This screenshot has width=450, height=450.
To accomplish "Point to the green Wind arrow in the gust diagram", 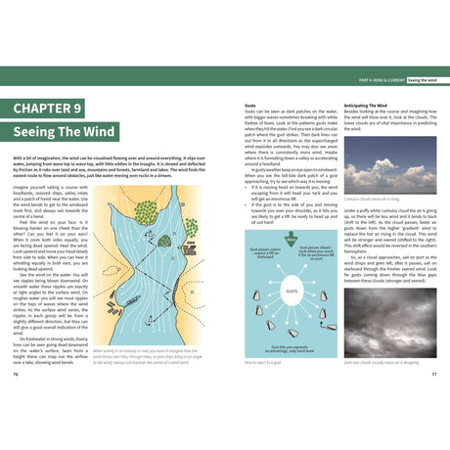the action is pyautogui.click(x=289, y=239).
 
